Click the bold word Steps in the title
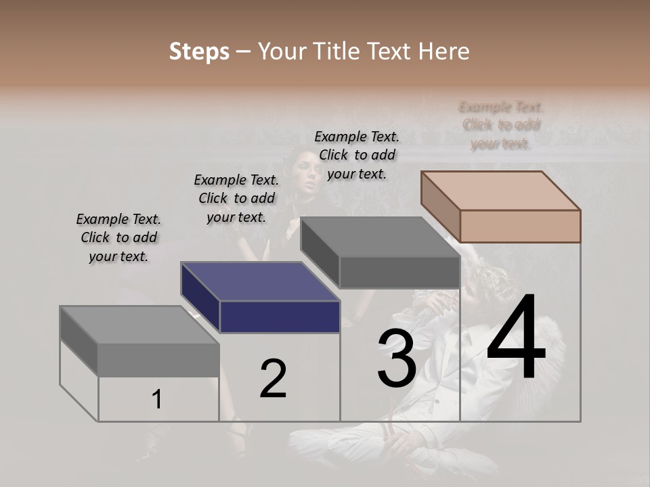[x=199, y=51]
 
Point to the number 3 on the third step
[x=397, y=358]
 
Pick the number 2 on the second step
[x=273, y=379]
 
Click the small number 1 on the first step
[x=156, y=400]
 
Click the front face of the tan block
[x=520, y=226]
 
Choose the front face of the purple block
[x=280, y=317]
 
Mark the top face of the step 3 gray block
[x=380, y=237]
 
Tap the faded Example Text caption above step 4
[x=501, y=125]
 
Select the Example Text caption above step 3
[x=357, y=155]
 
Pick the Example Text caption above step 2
[x=236, y=198]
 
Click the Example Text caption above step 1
[x=118, y=237]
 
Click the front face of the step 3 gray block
[x=399, y=273]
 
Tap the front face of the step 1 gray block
[x=158, y=360]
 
